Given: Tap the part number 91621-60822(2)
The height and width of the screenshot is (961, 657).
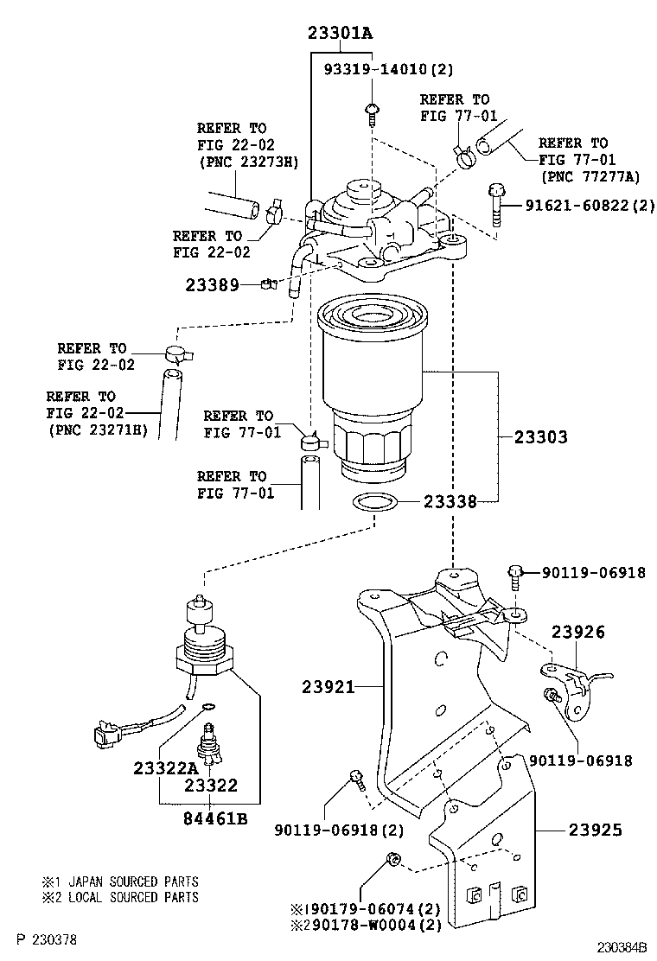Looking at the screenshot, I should point(590,206).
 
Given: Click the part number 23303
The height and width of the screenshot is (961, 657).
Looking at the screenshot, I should point(539,437).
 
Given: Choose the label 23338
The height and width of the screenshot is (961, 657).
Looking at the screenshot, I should point(450,500).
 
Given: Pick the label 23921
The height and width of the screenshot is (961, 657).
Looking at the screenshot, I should point(328,687).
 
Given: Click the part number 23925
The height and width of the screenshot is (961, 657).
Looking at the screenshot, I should point(596,830).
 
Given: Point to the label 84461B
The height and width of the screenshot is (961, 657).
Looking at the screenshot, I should point(214,818).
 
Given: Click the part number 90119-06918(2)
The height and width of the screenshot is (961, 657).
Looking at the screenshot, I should point(339,831).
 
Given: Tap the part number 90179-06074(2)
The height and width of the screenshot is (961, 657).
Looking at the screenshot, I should point(372,909).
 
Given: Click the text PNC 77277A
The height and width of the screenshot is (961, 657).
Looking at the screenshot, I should point(591,177).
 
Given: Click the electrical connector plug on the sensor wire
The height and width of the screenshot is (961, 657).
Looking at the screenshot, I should point(106,735).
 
